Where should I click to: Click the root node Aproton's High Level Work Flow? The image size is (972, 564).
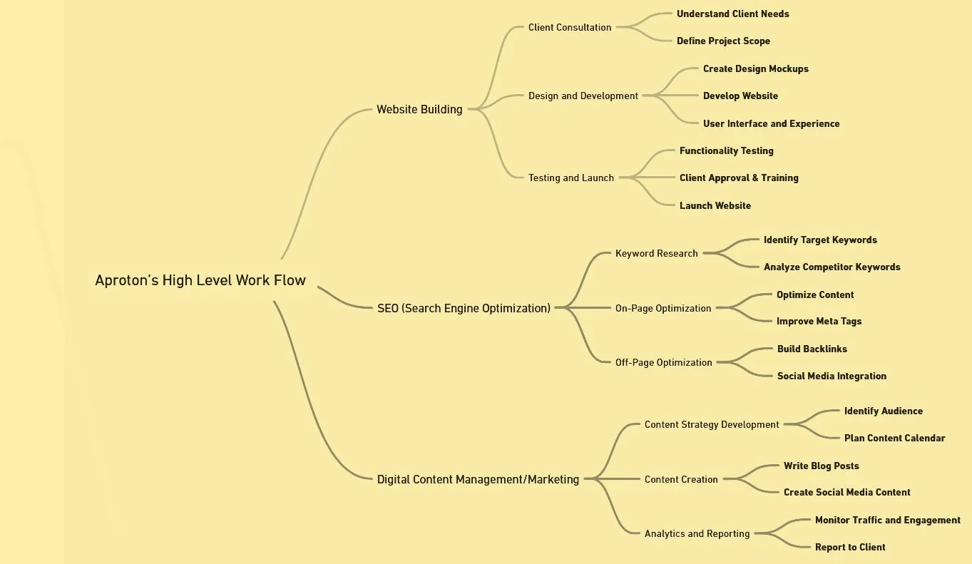[x=200, y=280]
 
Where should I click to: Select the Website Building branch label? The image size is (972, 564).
[x=419, y=109]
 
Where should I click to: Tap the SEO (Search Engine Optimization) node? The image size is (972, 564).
[x=464, y=308]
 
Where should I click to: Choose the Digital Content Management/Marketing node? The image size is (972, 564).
[x=478, y=479]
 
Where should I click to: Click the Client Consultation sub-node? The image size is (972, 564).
[x=570, y=27]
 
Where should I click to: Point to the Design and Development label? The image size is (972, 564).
[x=583, y=96]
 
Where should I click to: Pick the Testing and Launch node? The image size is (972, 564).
[x=571, y=178]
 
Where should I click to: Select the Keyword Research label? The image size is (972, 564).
[x=657, y=253]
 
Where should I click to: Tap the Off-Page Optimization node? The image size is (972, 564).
[x=664, y=362]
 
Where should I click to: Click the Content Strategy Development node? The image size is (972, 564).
[x=712, y=424]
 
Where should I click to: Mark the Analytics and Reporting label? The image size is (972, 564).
[x=697, y=533]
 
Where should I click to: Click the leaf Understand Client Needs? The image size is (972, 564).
[x=733, y=14]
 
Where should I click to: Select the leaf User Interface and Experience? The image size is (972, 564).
[x=771, y=123]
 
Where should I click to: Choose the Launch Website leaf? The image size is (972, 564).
[x=715, y=205]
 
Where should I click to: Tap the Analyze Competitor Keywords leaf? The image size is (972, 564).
[x=832, y=267]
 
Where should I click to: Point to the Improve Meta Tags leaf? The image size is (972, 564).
[x=819, y=321]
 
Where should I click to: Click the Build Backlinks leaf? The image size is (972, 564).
[x=812, y=349]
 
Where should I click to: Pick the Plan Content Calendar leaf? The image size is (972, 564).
[x=894, y=438]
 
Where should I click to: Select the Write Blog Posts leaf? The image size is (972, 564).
[x=821, y=466]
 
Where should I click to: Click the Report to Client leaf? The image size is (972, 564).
[x=850, y=547]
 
